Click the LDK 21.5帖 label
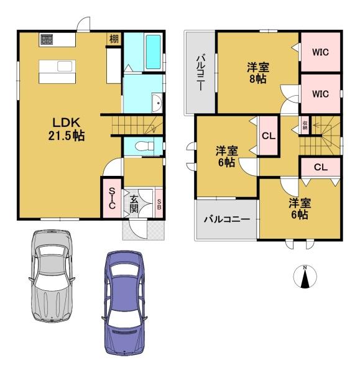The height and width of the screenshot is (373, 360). pos(67,129)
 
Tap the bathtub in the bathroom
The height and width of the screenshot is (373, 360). pos(153,52)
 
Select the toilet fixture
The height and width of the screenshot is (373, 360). pos(144,146)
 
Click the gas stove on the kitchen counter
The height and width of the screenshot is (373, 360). pos(46,40)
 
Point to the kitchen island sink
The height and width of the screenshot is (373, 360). pos(65,66)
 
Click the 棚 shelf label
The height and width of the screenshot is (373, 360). pos(114,39)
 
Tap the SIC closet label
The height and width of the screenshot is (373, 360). pos(112,198)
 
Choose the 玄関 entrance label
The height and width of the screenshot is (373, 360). pos(134,204)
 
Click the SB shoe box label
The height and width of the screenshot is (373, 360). pos(159,204)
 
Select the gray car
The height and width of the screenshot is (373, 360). pos(52,275)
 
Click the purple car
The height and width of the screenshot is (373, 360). pos(124,303)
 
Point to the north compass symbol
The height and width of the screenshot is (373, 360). pos(305,277)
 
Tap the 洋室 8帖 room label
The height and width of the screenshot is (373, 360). pos(258,73)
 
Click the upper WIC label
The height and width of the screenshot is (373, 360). pos(320,52)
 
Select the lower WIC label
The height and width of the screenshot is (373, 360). pos(320,94)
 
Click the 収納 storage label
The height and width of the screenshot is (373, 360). pos(305,126)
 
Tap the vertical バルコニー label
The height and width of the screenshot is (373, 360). pos(200,73)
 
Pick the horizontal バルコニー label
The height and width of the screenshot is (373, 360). pos(227,219)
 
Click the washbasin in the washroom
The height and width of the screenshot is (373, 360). pos(157,103)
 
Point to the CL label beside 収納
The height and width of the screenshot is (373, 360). pos(269,136)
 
